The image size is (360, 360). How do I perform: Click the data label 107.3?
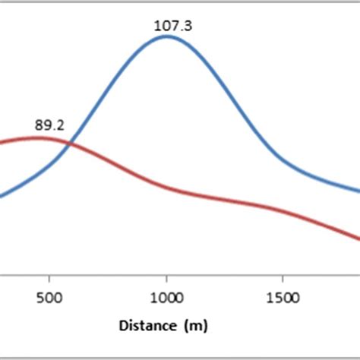tap(173, 26)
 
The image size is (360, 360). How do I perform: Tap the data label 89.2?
tap(49, 125)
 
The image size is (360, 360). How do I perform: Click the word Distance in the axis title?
tap(144, 327)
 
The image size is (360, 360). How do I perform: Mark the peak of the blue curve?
tap(166, 36)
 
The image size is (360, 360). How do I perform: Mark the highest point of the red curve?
tap(38, 137)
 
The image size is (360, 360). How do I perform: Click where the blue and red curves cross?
tap(70, 143)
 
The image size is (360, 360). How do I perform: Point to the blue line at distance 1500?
tap(283, 160)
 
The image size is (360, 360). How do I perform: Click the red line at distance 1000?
tap(166, 187)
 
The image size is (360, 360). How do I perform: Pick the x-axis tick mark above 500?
tap(49, 276)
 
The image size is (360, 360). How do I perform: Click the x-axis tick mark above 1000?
tap(166, 276)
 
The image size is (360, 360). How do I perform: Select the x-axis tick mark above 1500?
tap(283, 276)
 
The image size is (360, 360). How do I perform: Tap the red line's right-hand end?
tap(358, 240)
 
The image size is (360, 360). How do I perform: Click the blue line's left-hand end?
tap(2, 196)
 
